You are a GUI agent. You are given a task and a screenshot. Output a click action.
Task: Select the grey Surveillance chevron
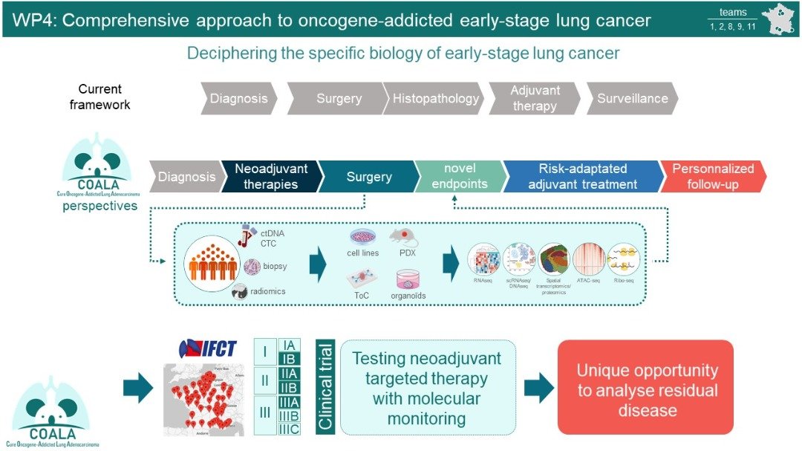632,98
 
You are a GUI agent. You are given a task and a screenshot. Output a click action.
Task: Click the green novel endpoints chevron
459,176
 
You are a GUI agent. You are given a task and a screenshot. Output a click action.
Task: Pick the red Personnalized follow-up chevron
712,176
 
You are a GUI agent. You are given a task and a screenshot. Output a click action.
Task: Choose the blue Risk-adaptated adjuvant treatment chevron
582,177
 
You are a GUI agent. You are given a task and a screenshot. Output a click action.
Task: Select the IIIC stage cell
288,429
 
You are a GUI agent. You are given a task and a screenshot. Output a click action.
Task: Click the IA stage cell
288,345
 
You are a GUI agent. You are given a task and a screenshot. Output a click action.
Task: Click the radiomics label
267,291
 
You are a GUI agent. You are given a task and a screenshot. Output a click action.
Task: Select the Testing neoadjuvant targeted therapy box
426,388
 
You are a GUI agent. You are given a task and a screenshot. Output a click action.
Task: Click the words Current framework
100,97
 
